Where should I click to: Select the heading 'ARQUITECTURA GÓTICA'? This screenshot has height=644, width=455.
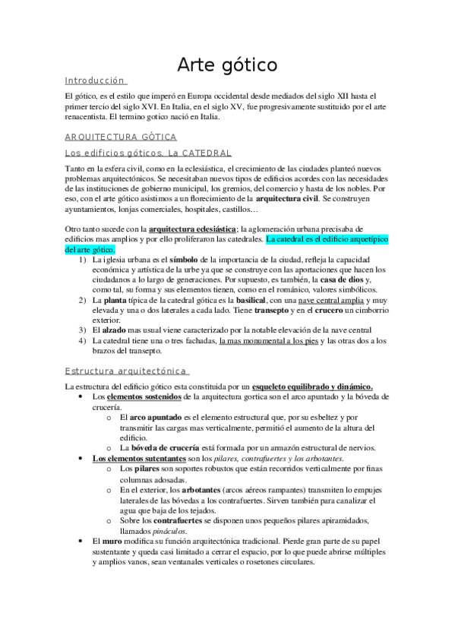point(121,137)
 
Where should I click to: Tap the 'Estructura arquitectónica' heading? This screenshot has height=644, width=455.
point(125,370)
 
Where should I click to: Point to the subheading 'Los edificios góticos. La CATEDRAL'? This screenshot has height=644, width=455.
point(147,153)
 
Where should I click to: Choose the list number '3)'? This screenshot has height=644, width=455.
point(82,330)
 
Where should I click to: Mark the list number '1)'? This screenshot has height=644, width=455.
point(82,260)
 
